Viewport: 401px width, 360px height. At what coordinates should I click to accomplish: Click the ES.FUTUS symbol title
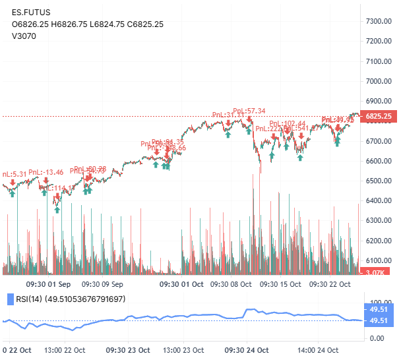tap(31, 12)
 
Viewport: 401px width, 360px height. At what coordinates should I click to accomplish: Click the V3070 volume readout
tap(24, 36)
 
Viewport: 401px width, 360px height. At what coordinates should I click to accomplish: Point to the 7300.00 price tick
tap(379, 21)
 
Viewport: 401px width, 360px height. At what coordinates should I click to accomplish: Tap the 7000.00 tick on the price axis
tap(379, 81)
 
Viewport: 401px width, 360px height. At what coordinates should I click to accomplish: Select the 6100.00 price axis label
tap(379, 260)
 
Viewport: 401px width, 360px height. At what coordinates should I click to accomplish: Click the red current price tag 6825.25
tap(379, 116)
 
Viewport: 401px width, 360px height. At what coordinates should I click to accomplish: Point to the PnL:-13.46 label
tap(46, 173)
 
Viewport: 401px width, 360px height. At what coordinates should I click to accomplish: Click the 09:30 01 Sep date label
tap(48, 285)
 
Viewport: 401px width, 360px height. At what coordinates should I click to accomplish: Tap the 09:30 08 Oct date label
tap(230, 285)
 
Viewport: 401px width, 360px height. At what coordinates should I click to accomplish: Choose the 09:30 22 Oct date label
tap(329, 285)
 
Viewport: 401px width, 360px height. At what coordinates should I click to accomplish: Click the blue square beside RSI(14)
tap(9, 299)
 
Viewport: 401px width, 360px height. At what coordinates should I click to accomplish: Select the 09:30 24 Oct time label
tap(247, 349)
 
